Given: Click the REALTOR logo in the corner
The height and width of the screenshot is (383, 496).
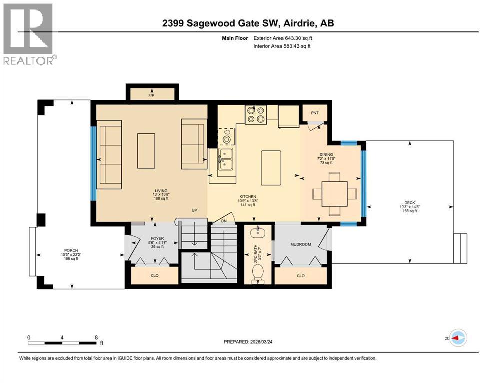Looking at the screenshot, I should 28,34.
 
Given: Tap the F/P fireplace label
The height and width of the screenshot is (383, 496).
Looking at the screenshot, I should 152,95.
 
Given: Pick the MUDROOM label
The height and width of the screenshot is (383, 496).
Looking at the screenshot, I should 301,245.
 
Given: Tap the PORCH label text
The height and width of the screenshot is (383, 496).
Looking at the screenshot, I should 70,250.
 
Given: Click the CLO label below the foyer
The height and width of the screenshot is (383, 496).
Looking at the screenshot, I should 154,275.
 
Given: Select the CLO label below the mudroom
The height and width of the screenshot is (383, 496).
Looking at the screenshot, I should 300,275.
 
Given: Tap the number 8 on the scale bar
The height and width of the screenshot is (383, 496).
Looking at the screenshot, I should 96,337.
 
